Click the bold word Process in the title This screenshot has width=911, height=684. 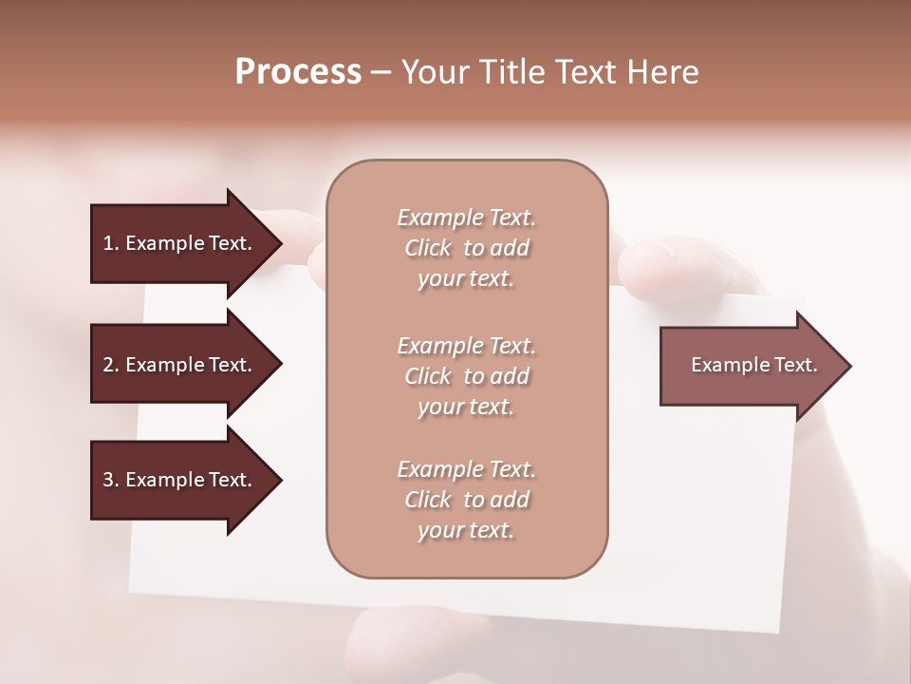(x=298, y=72)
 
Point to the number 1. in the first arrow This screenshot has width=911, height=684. (x=111, y=243)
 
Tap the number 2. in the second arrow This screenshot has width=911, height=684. (x=111, y=365)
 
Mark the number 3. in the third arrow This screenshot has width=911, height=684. (x=111, y=480)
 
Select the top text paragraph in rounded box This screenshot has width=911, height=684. (x=467, y=248)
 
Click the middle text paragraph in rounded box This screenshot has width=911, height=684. (x=467, y=376)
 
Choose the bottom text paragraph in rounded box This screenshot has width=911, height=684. (x=467, y=500)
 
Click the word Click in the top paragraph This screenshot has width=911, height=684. (x=428, y=248)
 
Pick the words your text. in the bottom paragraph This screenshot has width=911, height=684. (x=466, y=530)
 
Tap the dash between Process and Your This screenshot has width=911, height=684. (x=381, y=73)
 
